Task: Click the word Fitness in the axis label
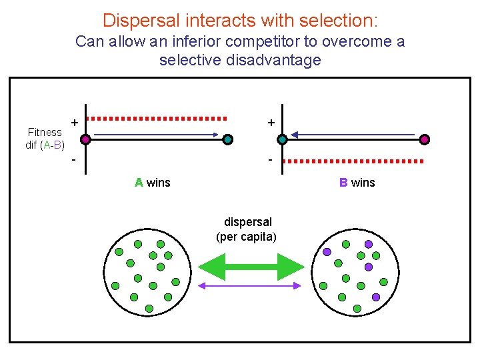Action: pyautogui.click(x=45, y=132)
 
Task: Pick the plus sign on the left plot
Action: pyautogui.click(x=75, y=122)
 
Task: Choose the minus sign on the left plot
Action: pyautogui.click(x=74, y=160)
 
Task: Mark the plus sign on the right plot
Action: pyautogui.click(x=271, y=122)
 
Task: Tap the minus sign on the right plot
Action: pyautogui.click(x=270, y=160)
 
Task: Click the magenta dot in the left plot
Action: pyautogui.click(x=85, y=139)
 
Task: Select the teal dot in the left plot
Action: pyautogui.click(x=228, y=139)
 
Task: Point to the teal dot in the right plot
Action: pyautogui.click(x=282, y=139)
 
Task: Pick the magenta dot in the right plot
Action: pyautogui.click(x=425, y=139)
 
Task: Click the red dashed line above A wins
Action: pyautogui.click(x=157, y=119)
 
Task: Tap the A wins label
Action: pyautogui.click(x=152, y=183)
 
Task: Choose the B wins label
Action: pyautogui.click(x=357, y=183)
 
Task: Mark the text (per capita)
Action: pyautogui.click(x=246, y=237)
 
